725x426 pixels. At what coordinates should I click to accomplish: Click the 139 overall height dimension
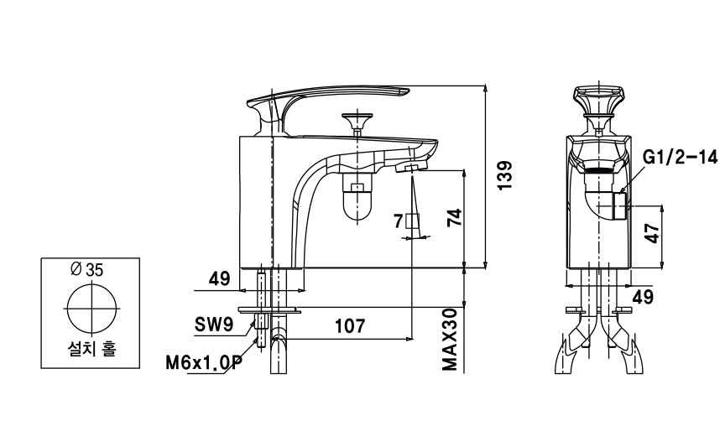[505, 177]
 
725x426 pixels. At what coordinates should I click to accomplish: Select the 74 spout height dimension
[454, 218]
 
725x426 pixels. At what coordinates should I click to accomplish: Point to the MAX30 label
[451, 339]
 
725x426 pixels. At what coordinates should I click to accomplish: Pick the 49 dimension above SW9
[220, 278]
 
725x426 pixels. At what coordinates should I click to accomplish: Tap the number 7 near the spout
[398, 221]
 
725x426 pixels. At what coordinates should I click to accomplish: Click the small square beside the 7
[411, 221]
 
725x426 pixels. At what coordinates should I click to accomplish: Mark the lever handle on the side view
[336, 95]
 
